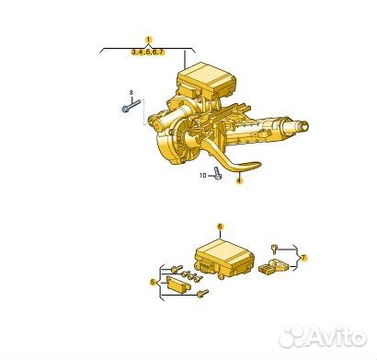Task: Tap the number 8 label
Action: pyautogui.click(x=131, y=93)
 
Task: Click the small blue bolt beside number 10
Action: pyautogui.click(x=217, y=172)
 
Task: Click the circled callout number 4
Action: pyautogui.click(x=239, y=182)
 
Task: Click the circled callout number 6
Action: pyautogui.click(x=220, y=226)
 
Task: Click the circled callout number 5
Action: pyautogui.click(x=153, y=283)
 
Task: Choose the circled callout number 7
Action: pyautogui.click(x=304, y=258)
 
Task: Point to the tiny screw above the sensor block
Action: pyautogui.click(x=276, y=247)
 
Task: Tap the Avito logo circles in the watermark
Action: pyautogui.click(x=292, y=337)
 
